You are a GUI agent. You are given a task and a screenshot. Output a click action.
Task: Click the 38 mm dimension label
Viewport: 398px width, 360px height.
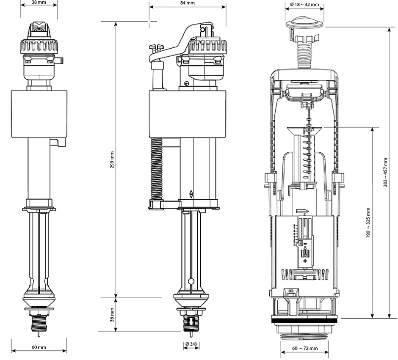pos(39,3)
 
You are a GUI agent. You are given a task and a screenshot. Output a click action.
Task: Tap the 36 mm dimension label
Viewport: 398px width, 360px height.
pos(112,315)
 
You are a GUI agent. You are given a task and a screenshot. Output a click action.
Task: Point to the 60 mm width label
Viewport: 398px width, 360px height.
pos(39,347)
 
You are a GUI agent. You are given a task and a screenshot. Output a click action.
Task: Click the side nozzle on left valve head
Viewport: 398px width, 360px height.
pos(60,61)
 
